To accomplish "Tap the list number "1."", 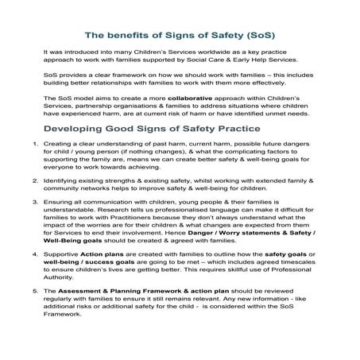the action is tap(25, 144).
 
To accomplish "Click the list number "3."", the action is tap(25, 203).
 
